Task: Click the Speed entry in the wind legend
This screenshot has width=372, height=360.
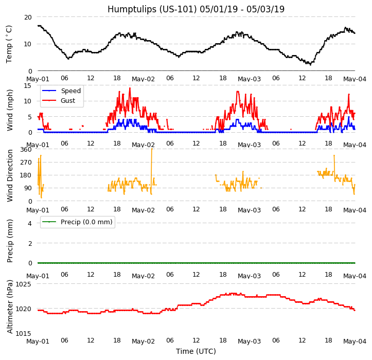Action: (x=70, y=91)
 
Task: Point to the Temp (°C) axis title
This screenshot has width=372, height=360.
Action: (x=9, y=44)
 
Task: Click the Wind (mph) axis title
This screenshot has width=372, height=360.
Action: (x=10, y=110)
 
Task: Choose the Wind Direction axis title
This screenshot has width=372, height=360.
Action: (x=10, y=175)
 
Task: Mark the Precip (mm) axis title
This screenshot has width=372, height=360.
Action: (x=10, y=240)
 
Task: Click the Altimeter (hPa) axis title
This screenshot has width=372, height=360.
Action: (x=10, y=307)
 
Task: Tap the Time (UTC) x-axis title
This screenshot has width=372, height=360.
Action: (x=196, y=351)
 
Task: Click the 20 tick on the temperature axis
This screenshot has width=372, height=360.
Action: (x=28, y=17)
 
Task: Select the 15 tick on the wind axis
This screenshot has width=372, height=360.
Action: (x=28, y=86)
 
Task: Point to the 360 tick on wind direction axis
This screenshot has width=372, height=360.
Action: (x=26, y=150)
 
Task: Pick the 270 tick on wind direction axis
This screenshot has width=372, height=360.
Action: (x=26, y=163)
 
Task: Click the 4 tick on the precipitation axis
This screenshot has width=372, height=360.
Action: (x=30, y=223)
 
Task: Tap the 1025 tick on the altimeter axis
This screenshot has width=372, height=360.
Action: (x=23, y=284)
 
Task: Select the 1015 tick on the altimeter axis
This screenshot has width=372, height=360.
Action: (x=23, y=334)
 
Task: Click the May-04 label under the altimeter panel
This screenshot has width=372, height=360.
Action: (x=355, y=341)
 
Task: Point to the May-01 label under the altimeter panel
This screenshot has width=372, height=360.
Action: (x=38, y=341)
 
